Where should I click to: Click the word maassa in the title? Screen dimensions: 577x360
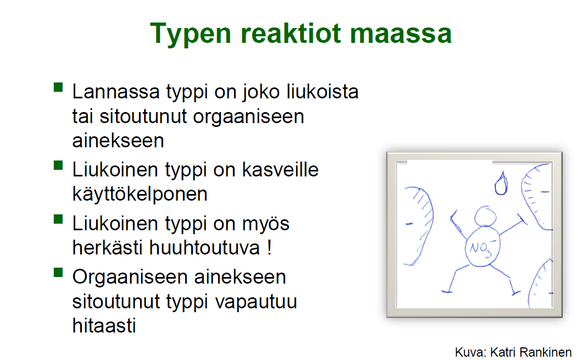[401, 34]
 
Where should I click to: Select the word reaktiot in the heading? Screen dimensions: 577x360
[291, 34]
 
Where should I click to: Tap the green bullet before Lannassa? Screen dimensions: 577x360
[58, 87]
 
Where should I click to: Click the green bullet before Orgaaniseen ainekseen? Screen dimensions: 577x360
[58, 273]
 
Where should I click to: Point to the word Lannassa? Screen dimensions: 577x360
[116, 91]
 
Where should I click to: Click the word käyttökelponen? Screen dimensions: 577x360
[140, 194]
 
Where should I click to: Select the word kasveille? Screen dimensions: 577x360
[280, 170]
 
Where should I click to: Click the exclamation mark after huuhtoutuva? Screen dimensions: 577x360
[270, 247]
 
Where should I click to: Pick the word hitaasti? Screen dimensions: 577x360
[104, 325]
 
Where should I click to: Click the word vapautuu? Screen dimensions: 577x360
[256, 302]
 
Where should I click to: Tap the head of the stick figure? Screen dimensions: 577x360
[485, 217]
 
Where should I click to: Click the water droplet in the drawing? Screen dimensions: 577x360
[501, 183]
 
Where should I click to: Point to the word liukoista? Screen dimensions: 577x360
[323, 91]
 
